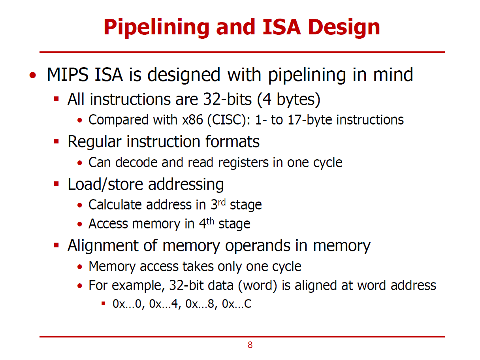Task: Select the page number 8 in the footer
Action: pyautogui.click(x=250, y=345)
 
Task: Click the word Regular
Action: pyautogui.click(x=95, y=141)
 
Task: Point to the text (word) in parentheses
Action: pyautogui.click(x=258, y=285)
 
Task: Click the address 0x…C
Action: pyautogui.click(x=237, y=304)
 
